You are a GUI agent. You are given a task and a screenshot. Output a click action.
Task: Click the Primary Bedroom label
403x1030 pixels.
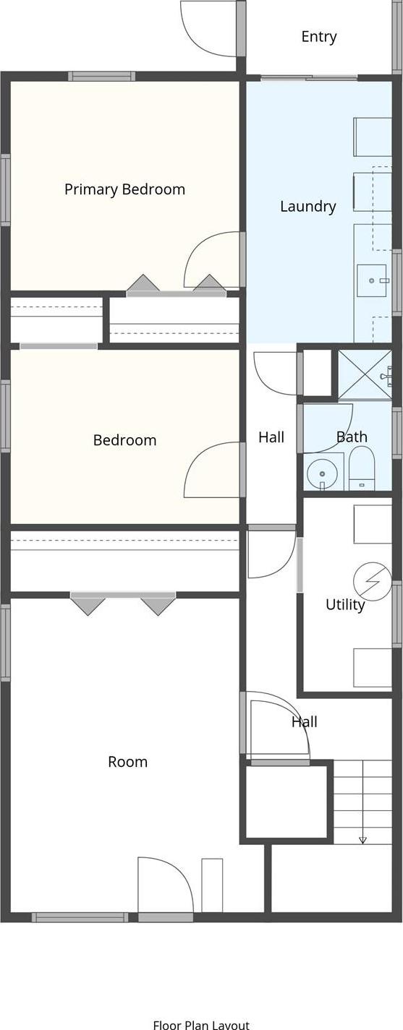tap(124, 189)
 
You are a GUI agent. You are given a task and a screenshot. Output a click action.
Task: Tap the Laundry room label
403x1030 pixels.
tap(307, 207)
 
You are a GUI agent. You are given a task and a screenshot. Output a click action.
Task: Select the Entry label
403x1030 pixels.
tap(319, 37)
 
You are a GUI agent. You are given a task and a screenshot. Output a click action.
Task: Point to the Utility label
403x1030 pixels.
tap(345, 604)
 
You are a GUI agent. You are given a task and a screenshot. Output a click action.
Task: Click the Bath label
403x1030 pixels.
tap(352, 437)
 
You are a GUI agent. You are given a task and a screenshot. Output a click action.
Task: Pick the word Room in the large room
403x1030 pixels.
tap(127, 762)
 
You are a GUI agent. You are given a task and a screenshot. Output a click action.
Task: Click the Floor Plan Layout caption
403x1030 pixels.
tap(201, 1025)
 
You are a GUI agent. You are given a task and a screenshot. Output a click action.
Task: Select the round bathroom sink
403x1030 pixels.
tap(322, 473)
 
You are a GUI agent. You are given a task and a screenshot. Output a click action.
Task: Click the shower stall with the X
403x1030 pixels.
tap(365, 375)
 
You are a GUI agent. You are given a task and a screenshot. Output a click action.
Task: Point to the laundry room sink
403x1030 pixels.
tap(372, 280)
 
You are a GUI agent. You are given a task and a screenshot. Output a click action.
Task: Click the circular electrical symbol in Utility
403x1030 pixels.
tap(372, 581)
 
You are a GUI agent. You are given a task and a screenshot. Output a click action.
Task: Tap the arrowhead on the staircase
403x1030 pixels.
tap(362, 839)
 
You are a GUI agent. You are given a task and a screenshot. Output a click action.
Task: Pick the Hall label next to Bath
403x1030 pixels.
tap(271, 437)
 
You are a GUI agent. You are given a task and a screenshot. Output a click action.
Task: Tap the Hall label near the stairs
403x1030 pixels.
tap(304, 721)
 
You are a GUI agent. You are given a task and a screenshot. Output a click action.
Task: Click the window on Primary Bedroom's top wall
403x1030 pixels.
tap(102, 77)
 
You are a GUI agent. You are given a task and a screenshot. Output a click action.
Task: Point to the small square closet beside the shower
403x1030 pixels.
tap(318, 373)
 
